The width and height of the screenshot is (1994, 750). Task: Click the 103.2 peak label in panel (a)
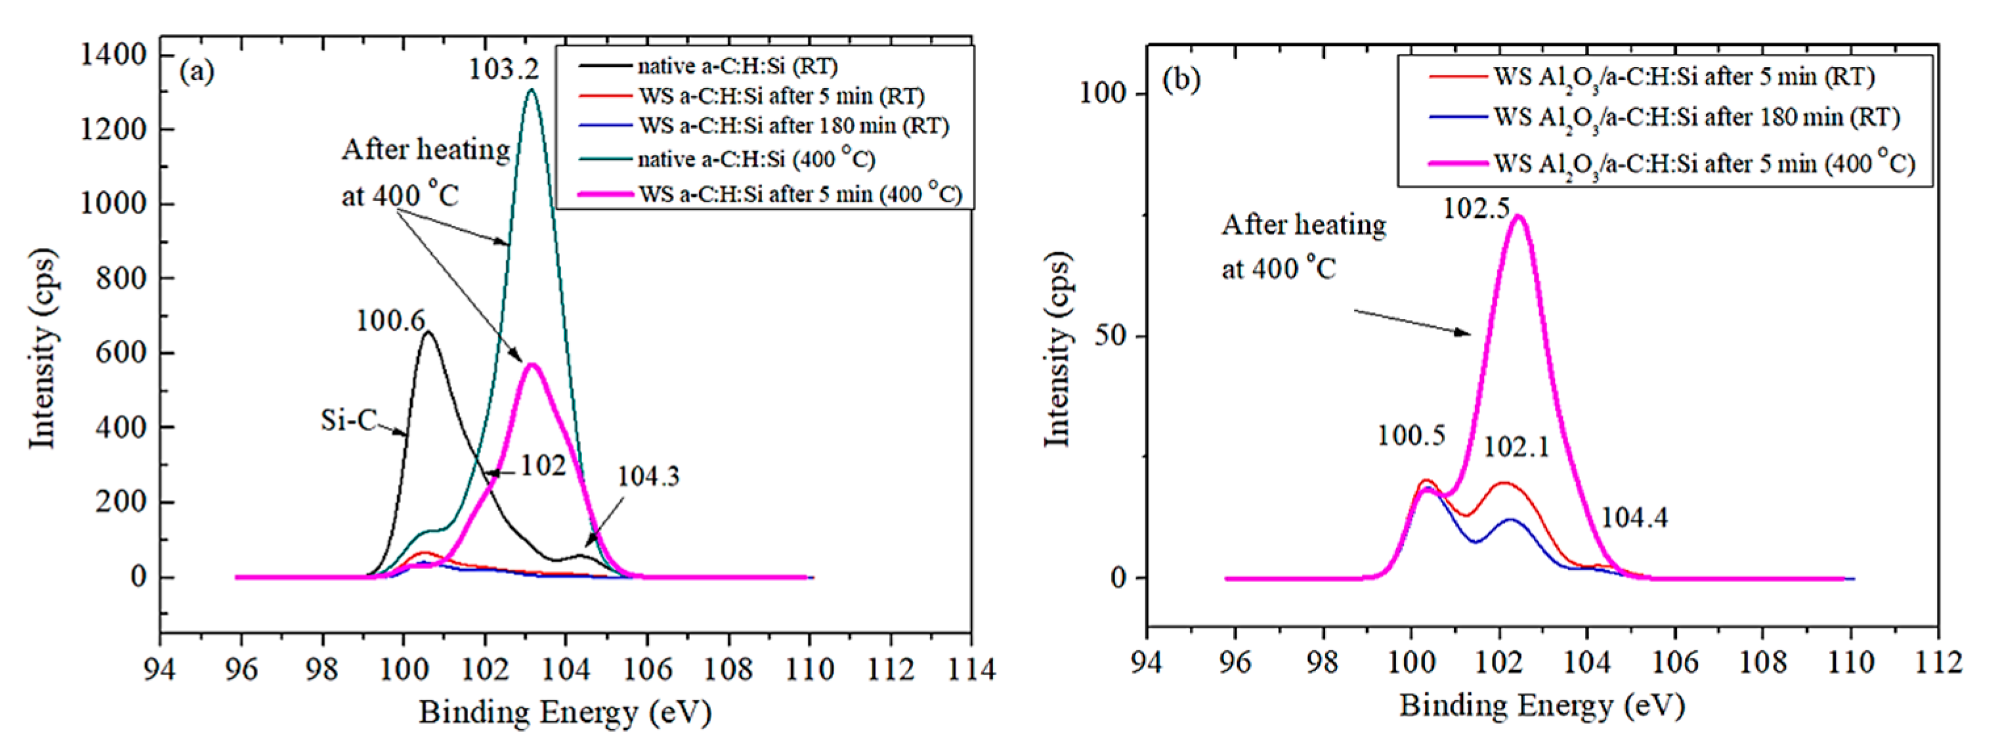click(504, 70)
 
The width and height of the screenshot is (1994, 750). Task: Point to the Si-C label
click(349, 421)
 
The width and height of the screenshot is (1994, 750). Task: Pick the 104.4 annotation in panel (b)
click(1633, 517)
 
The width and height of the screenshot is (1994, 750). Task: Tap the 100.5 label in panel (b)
click(1411, 436)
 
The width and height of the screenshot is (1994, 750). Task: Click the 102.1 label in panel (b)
click(1516, 447)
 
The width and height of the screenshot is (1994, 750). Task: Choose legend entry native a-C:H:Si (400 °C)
click(755, 159)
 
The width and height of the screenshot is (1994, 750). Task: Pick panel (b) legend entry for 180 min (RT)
click(1696, 117)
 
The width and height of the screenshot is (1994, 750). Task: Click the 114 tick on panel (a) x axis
click(971, 669)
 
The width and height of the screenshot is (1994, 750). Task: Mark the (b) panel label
click(1181, 79)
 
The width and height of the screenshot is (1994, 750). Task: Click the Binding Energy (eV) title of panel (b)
click(1542, 706)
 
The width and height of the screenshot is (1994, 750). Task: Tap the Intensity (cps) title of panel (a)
click(43, 348)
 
